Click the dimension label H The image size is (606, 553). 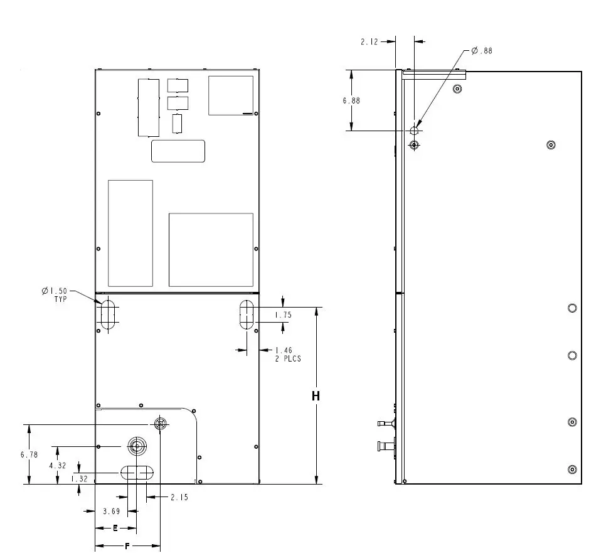[x=316, y=396]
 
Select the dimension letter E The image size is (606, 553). [x=115, y=529]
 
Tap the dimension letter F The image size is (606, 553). [x=127, y=547]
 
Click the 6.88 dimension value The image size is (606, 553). [x=351, y=100]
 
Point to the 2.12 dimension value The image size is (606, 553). [x=369, y=41]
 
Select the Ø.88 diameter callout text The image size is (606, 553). [x=482, y=51]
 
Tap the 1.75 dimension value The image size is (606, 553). [x=284, y=314]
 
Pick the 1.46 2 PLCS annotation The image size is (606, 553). [x=288, y=355]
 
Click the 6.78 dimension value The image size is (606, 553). [x=29, y=454]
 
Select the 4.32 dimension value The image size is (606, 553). [x=57, y=466]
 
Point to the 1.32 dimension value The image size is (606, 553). [x=79, y=478]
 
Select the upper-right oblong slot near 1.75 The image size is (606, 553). [x=247, y=314]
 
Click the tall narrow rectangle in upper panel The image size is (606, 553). [x=149, y=107]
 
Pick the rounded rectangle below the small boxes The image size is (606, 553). [x=178, y=151]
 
